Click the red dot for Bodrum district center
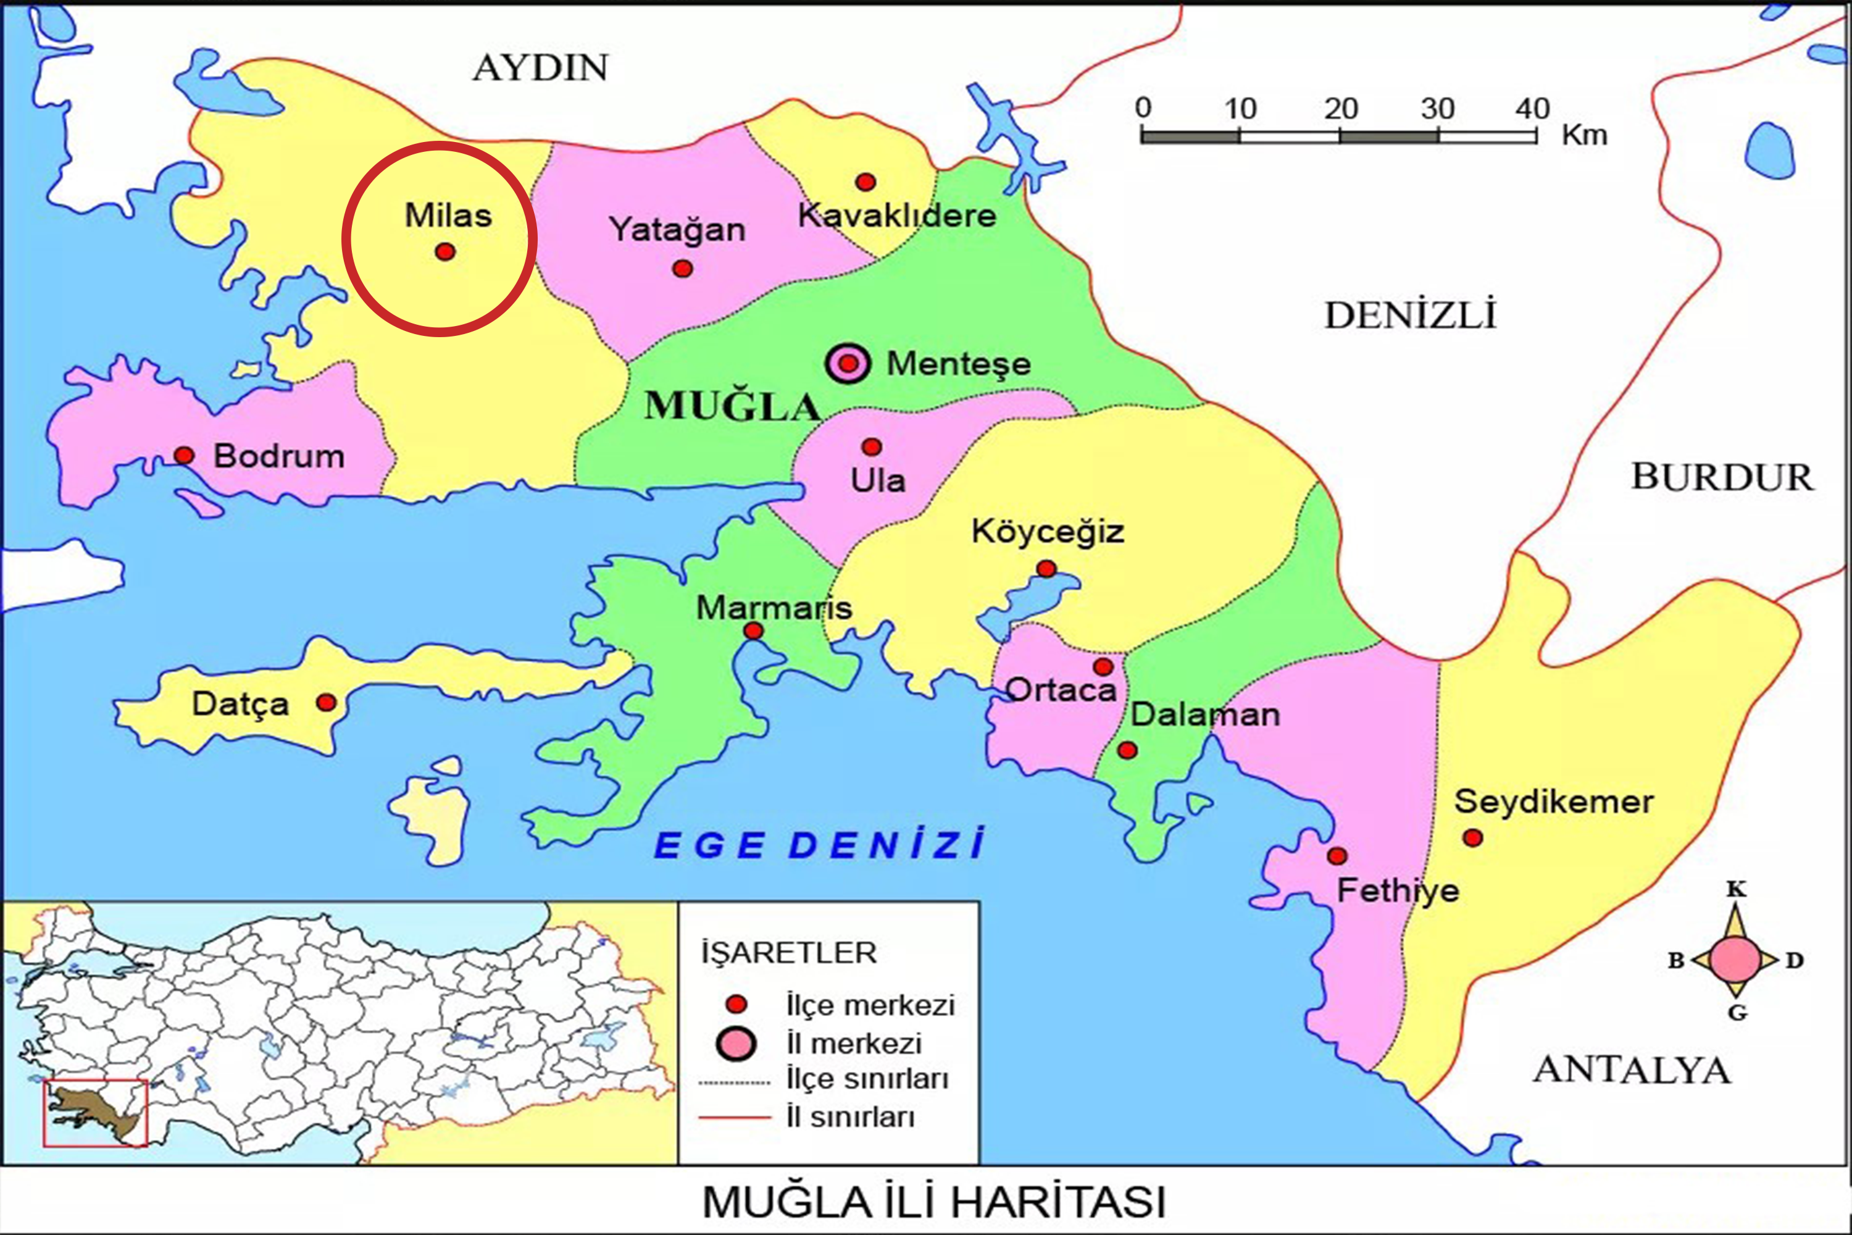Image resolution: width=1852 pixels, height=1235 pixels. click(x=183, y=455)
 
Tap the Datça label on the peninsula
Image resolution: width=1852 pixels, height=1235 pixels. click(x=240, y=704)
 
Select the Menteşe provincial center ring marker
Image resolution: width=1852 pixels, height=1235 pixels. click(x=848, y=364)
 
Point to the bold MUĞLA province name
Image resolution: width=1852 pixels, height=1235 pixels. click(x=732, y=407)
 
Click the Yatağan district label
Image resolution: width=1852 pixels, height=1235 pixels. click(x=677, y=230)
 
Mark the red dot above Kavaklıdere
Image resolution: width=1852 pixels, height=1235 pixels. click(x=866, y=182)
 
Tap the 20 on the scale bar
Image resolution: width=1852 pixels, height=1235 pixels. click(x=1340, y=109)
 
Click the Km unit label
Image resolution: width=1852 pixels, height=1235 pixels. click(x=1584, y=135)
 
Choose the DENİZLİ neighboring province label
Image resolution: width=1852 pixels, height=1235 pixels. click(x=1409, y=316)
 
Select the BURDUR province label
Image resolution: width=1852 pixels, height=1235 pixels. click(x=1722, y=477)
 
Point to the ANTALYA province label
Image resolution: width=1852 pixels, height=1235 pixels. click(x=1632, y=1070)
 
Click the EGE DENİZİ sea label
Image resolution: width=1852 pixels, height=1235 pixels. click(x=819, y=846)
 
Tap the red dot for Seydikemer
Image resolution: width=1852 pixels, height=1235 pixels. click(x=1472, y=838)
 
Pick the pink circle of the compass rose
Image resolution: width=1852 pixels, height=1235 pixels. click(x=1735, y=960)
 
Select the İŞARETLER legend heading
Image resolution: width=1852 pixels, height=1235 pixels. click(x=789, y=953)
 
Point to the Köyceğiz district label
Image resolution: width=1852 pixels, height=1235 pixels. click(x=1047, y=532)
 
